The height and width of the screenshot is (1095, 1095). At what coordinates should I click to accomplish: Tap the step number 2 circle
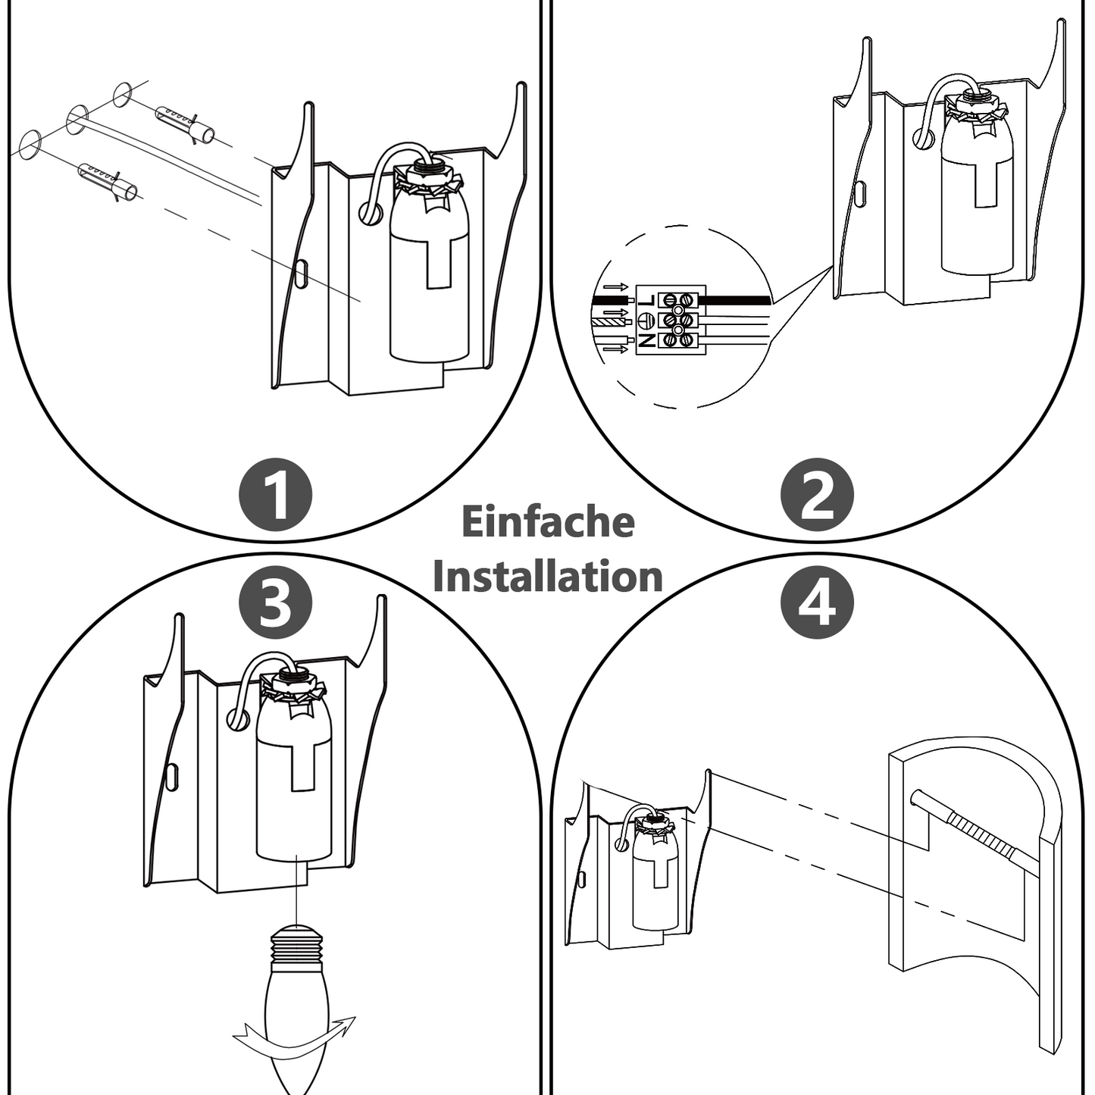pos(817,496)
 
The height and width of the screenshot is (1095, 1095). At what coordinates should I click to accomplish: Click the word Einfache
pos(547,522)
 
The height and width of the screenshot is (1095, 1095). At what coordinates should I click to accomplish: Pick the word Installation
pos(547,577)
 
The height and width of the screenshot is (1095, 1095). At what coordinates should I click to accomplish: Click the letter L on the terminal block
pos(646,301)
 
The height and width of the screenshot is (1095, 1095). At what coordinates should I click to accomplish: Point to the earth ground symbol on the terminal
pos(646,320)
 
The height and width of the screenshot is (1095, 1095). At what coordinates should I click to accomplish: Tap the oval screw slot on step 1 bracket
pos(301,274)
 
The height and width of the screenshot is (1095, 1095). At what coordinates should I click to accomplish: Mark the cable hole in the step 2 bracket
pos(922,139)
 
